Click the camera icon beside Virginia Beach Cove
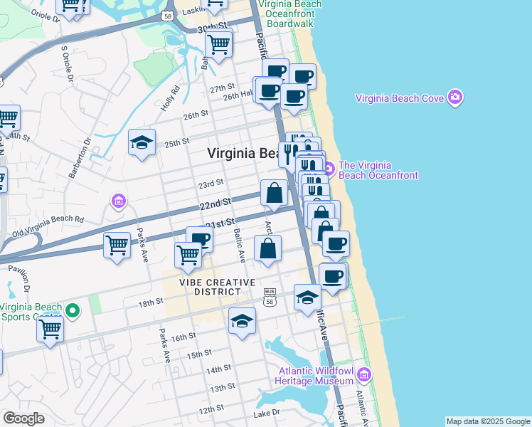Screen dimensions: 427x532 pyautogui.click(x=455, y=98)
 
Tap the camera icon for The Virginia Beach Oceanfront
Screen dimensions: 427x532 pyautogui.click(x=329, y=169)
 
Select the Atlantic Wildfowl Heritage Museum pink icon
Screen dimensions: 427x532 pyautogui.click(x=365, y=374)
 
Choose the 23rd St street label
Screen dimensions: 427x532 pyautogui.click(x=211, y=184)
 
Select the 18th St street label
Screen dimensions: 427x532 pyautogui.click(x=151, y=303)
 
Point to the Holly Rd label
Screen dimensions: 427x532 pyautogui.click(x=167, y=102)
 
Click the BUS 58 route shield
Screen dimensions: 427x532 pyautogui.click(x=270, y=295)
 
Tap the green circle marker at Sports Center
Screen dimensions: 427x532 pyautogui.click(x=71, y=310)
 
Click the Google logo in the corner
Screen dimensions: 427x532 pyautogui.click(x=24, y=418)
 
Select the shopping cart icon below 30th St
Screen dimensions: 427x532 pyautogui.click(x=218, y=44)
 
